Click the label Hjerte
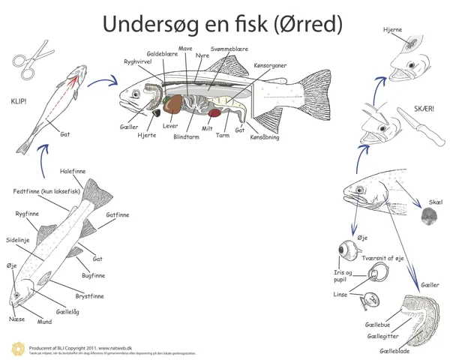[146, 135]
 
